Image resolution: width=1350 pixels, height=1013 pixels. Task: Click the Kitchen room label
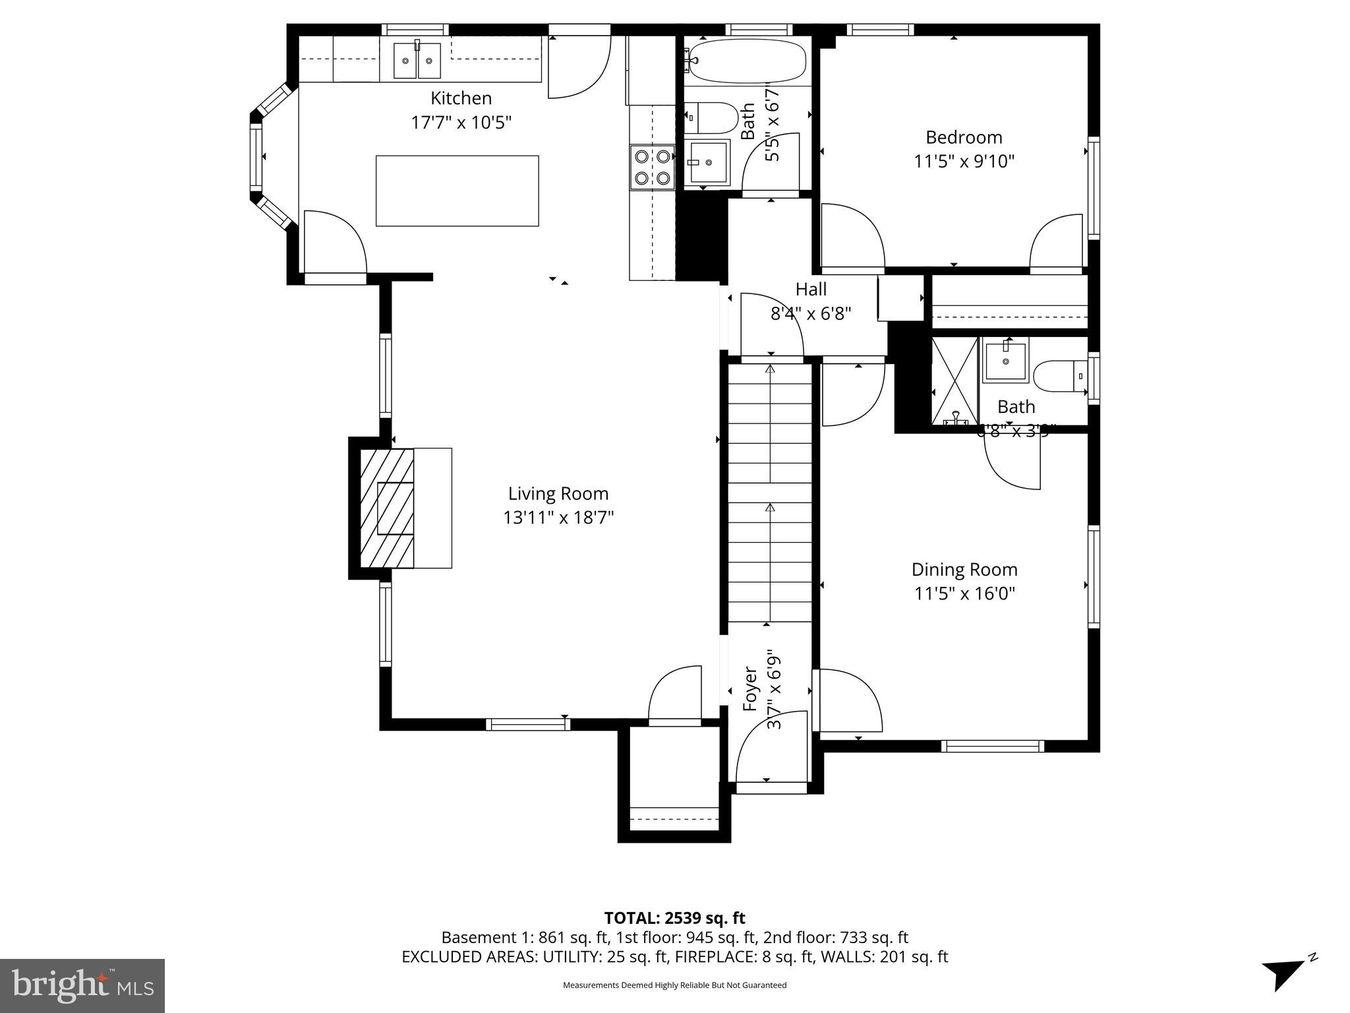[461, 98]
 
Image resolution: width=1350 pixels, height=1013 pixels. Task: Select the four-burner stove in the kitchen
[652, 167]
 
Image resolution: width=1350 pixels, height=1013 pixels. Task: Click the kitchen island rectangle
[457, 191]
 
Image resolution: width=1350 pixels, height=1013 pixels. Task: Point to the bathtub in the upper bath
[746, 60]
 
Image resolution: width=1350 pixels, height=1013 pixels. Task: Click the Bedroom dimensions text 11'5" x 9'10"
[964, 162]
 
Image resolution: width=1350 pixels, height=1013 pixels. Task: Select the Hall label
[811, 289]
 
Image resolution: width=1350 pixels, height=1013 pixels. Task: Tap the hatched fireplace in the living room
[388, 508]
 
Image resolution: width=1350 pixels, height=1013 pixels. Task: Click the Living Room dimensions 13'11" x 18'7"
[558, 518]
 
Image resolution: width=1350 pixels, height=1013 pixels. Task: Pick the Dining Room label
[964, 569]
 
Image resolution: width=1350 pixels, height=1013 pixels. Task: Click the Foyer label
[750, 689]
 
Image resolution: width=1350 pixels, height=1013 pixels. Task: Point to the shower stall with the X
[954, 381]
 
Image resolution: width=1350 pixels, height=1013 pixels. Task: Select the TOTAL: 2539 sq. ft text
[674, 918]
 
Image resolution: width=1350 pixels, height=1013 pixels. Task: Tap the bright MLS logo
[82, 985]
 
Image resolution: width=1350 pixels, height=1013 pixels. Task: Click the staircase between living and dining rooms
[769, 495]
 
